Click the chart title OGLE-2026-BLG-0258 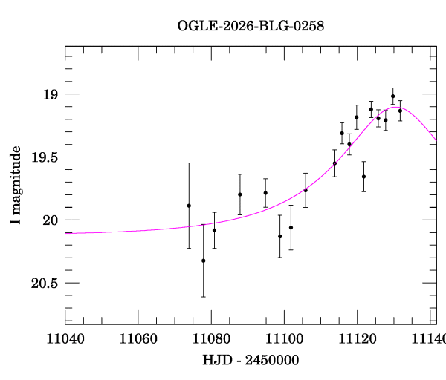[x=251, y=25]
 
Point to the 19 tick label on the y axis [x=49, y=95]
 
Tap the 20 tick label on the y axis [x=49, y=220]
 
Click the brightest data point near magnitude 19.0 [x=392, y=96]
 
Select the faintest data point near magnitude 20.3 [x=204, y=261]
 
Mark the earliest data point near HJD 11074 [x=189, y=206]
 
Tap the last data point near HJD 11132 [x=400, y=111]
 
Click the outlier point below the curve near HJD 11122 [x=363, y=177]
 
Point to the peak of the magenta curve [x=394, y=107]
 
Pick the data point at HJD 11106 [x=306, y=190]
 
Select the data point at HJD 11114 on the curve [x=334, y=163]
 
